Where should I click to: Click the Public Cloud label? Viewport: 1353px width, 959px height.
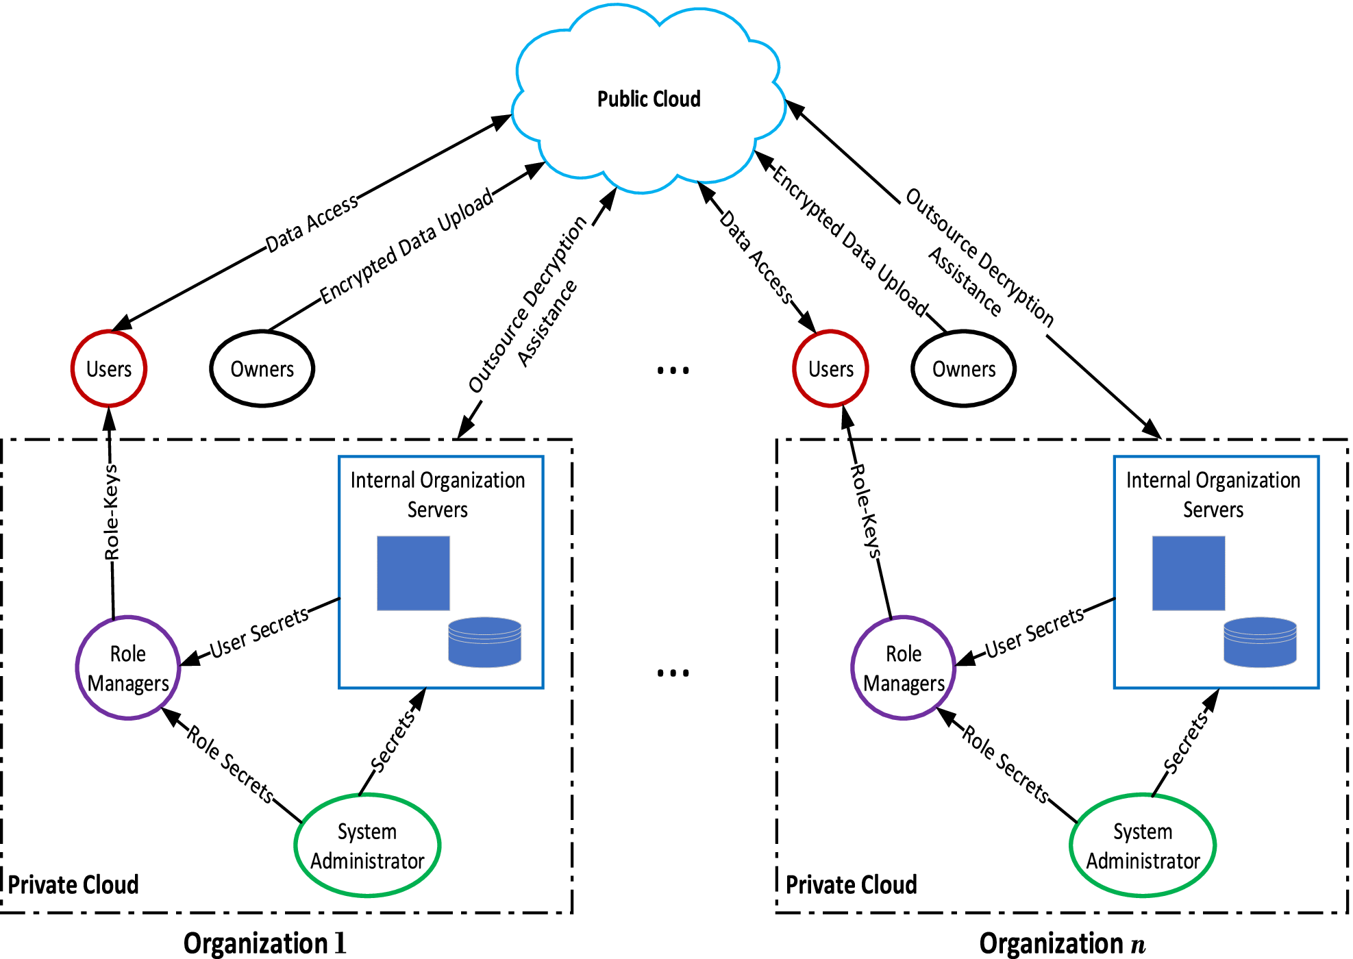tap(649, 99)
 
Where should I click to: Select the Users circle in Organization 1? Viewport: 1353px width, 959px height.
tap(109, 369)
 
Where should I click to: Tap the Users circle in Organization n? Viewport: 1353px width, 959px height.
tap(830, 369)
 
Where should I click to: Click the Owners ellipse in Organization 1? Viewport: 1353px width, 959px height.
tap(262, 369)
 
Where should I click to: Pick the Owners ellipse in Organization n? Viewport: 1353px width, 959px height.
tap(963, 369)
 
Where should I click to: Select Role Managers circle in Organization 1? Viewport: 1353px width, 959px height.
tap(128, 669)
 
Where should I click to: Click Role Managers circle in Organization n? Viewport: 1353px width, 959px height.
tap(904, 669)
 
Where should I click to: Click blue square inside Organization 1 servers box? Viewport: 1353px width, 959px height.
tap(413, 573)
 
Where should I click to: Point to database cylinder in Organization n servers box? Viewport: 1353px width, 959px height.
tap(1260, 643)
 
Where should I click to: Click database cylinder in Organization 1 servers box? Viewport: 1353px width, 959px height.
tap(484, 643)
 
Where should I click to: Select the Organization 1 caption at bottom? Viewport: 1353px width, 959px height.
tap(265, 943)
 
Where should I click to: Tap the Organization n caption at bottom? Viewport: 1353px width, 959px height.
tap(1062, 943)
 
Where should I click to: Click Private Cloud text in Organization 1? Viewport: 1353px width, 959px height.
tap(73, 884)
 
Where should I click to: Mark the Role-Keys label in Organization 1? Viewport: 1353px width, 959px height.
tap(112, 512)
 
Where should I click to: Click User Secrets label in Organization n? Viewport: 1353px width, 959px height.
tap(1034, 632)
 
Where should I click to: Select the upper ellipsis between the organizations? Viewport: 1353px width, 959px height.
tap(673, 371)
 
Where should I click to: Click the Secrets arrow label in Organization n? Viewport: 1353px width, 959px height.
tap(1186, 743)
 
